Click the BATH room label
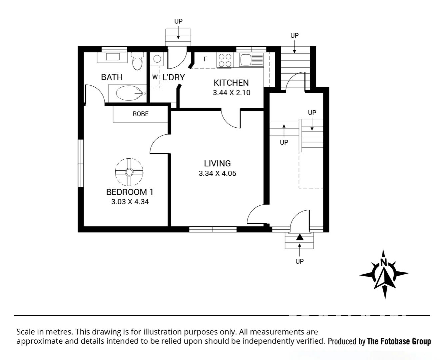(112, 77)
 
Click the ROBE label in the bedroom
(141, 114)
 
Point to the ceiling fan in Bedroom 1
(129, 172)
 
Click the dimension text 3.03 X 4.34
(130, 202)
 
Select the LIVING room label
(217, 163)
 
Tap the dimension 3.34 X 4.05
(217, 173)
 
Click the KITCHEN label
(231, 83)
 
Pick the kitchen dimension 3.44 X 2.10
(231, 93)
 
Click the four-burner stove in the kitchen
(224, 61)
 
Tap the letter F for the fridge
(206, 59)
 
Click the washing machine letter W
(155, 77)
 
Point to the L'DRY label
(174, 77)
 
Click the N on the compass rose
(384, 262)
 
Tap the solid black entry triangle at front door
(300, 237)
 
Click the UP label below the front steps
(299, 261)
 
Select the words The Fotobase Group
(399, 341)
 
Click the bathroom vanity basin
(112, 57)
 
